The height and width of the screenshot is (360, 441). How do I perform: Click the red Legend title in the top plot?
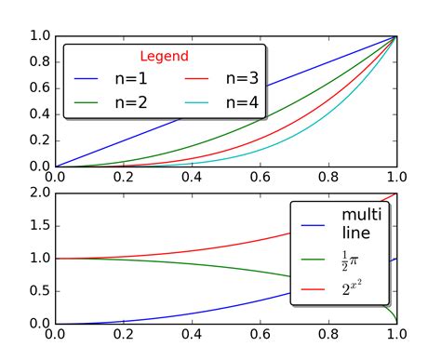click(x=164, y=56)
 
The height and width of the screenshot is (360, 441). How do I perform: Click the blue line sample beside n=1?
click(x=86, y=79)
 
